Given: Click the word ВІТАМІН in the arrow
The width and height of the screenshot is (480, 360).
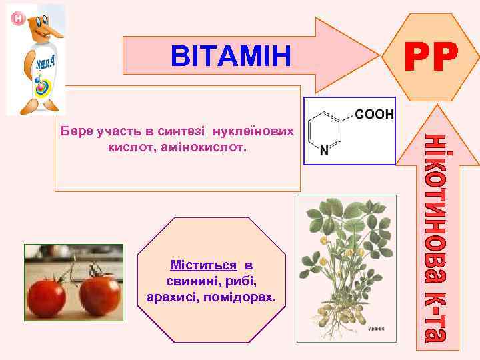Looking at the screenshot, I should coord(231,57).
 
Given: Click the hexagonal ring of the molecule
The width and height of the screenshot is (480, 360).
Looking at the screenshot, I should coord(327,130).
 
